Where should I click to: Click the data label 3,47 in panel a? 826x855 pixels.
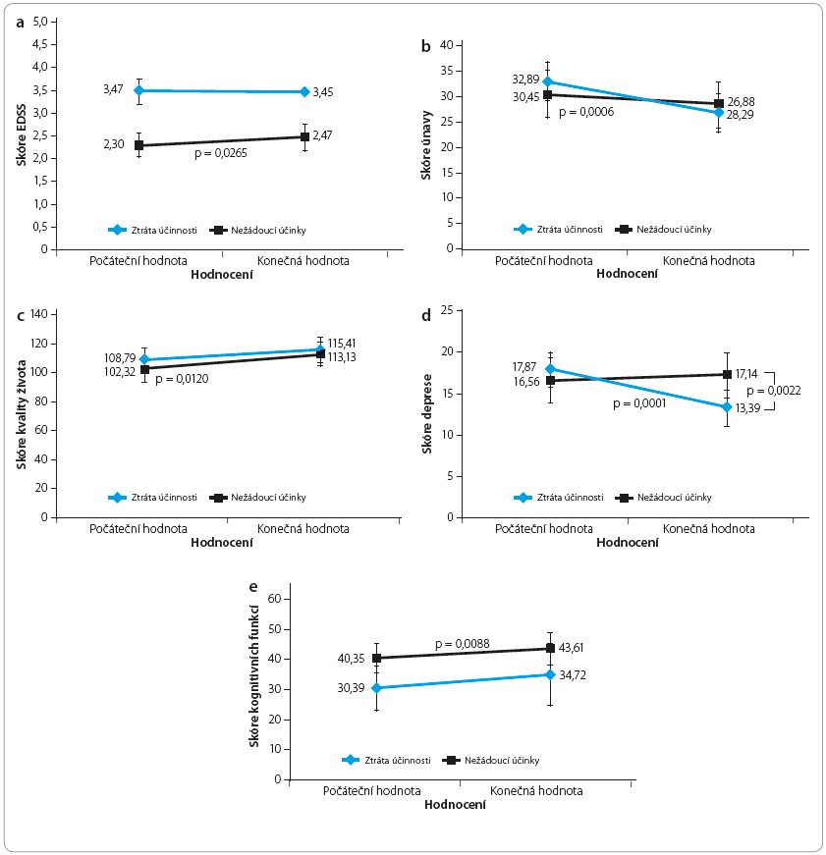tap(113, 89)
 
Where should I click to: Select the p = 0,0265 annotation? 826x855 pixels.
tap(221, 153)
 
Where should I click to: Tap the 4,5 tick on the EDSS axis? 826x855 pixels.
tap(40, 44)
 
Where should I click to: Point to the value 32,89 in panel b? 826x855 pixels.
tap(525, 80)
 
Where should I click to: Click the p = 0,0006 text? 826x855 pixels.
tap(586, 112)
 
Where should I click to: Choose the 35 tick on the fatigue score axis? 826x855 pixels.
tap(447, 71)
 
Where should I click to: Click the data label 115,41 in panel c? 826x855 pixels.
tap(342, 344)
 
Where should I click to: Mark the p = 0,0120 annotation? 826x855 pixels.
tap(182, 379)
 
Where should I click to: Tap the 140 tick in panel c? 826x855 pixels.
tap(39, 314)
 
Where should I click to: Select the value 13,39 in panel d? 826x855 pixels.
tap(747, 408)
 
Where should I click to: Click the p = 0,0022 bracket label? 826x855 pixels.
tap(774, 391)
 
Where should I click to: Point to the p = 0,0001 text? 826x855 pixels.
tap(639, 403)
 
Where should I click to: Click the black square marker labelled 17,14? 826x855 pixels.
tap(727, 374)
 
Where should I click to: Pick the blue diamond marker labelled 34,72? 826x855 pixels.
tap(550, 675)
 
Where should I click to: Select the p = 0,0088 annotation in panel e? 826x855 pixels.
tap(463, 644)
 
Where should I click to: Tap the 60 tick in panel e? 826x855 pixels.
tap(274, 599)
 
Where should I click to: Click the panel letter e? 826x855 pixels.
tap(252, 587)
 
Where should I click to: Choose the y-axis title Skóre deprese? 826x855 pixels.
tap(426, 414)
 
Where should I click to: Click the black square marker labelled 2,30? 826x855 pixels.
tap(139, 145)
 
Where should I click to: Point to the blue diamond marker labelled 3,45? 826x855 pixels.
tap(304, 91)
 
